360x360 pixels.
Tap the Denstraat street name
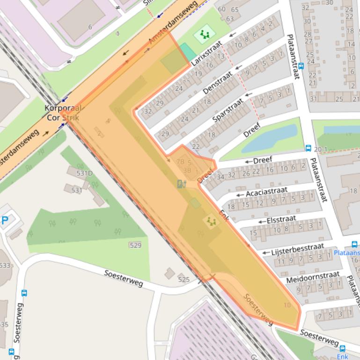click(218, 82)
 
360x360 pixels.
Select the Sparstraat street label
click(228, 109)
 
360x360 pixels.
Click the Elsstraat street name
click(281, 219)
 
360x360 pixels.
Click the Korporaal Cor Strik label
click(63, 113)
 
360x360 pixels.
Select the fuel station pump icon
click(182, 184)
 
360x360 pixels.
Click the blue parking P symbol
click(4, 220)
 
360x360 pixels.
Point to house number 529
click(135, 245)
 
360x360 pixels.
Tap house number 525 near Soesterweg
click(184, 280)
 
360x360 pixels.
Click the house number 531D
click(85, 173)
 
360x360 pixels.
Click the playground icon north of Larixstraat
click(204, 34)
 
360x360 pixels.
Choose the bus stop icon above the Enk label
click(343, 348)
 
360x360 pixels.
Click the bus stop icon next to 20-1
click(309, 148)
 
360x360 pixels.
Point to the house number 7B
click(180, 162)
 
